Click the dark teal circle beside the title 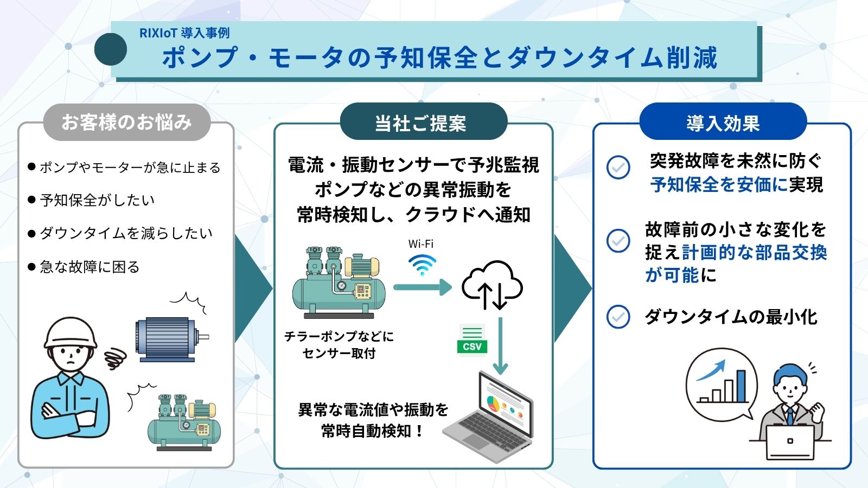point(111,49)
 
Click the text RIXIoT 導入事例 point(184,33)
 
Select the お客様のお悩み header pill point(126,122)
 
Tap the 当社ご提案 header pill point(420,123)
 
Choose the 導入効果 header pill point(723,123)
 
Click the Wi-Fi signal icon point(422,264)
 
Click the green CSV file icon point(472,341)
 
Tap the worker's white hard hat point(71,332)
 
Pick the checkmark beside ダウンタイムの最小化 point(618,317)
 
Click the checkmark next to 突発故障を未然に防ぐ point(618,167)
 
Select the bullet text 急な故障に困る point(90,267)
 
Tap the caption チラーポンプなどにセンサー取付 point(339,345)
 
